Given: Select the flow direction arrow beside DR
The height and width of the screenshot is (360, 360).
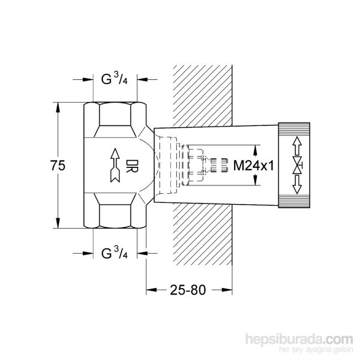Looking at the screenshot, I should (116, 166).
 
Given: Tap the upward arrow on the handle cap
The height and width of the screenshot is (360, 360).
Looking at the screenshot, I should (297, 146).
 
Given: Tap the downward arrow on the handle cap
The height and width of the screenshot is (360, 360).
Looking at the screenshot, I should (297, 187).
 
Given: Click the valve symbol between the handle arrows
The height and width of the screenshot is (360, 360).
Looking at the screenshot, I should (297, 166).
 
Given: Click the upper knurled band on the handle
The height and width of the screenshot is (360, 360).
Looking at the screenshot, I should (295, 128).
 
